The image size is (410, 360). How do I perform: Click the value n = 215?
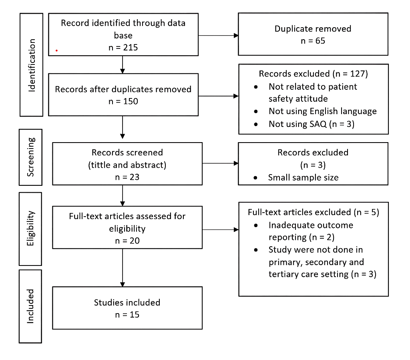[x=123, y=47]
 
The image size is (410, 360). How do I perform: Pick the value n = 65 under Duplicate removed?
[x=313, y=41]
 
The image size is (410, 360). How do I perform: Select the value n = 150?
[x=123, y=101]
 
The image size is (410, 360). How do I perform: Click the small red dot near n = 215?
[x=56, y=51]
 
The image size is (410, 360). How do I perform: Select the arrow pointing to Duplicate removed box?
[x=218, y=35]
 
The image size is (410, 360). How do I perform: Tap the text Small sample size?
[x=303, y=177]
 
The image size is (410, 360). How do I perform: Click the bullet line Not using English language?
[x=322, y=111]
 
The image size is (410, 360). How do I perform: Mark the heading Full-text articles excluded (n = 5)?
[x=313, y=212]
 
